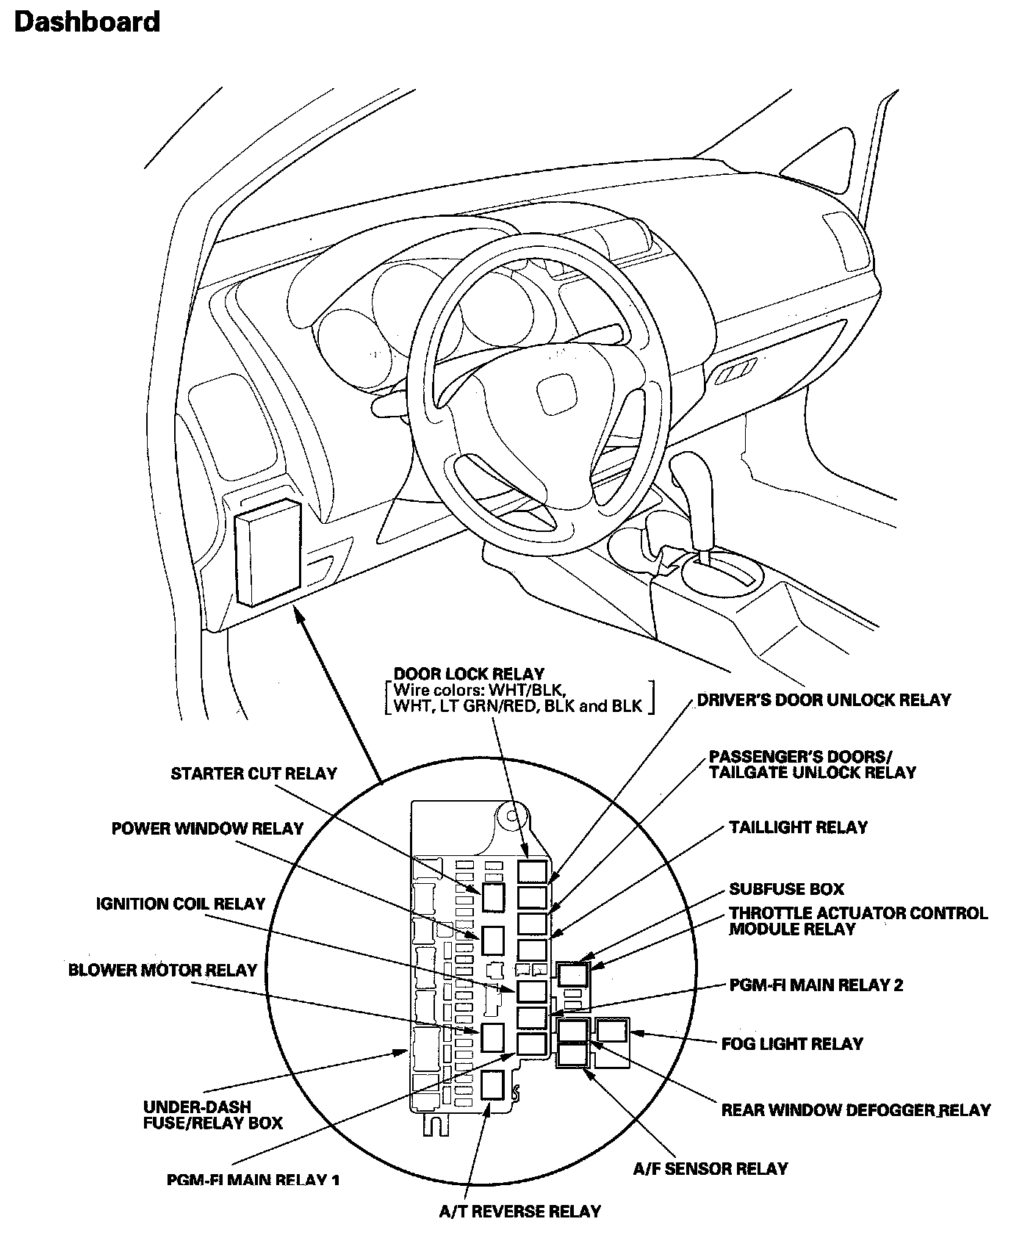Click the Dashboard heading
pyautogui.click(x=87, y=21)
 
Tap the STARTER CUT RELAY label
pyautogui.click(x=253, y=774)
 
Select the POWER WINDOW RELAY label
pyautogui.click(x=207, y=829)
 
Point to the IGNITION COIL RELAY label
pyautogui.click(x=180, y=904)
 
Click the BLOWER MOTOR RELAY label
pyautogui.click(x=162, y=970)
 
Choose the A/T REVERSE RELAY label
pyautogui.click(x=519, y=1212)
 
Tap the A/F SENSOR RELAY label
pyautogui.click(x=710, y=1168)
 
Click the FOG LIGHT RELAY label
pyautogui.click(x=792, y=1044)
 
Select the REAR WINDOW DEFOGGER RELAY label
pyautogui.click(x=856, y=1109)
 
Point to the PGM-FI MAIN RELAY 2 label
pyautogui.click(x=816, y=985)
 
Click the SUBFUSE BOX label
pyautogui.click(x=786, y=889)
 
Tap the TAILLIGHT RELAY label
pyautogui.click(x=798, y=827)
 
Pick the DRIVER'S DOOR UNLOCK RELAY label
pyautogui.click(x=824, y=700)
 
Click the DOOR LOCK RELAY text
pyautogui.click(x=469, y=674)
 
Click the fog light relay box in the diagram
pyautogui.click(x=611, y=1031)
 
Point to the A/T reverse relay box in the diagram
pyautogui.click(x=492, y=1084)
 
